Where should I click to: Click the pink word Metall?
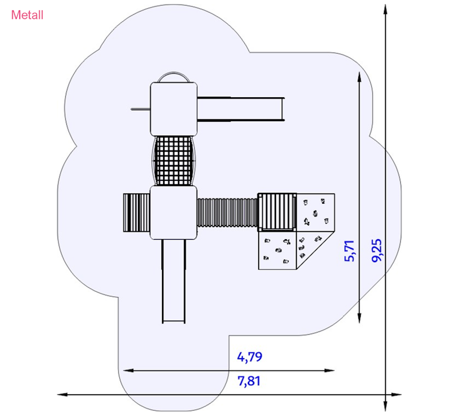pyautogui.click(x=27, y=15)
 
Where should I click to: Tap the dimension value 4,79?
pyautogui.click(x=250, y=356)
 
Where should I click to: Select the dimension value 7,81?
pyautogui.click(x=249, y=381)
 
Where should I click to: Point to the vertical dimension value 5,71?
pyautogui.click(x=349, y=251)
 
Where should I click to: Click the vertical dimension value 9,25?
pyautogui.click(x=377, y=251)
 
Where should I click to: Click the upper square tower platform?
pyautogui.click(x=174, y=109)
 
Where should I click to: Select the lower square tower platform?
pyautogui.click(x=173, y=212)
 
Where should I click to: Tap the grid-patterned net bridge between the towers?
pyautogui.click(x=174, y=161)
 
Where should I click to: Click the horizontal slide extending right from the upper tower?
pyautogui.click(x=240, y=109)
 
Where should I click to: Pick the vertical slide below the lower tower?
pyautogui.click(x=174, y=281)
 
